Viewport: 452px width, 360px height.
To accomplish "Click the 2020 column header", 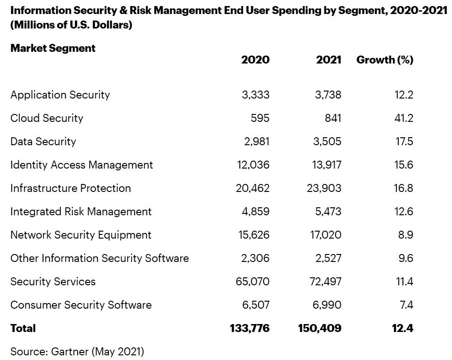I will click(x=255, y=60).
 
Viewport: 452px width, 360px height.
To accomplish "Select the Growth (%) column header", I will click(x=385, y=60).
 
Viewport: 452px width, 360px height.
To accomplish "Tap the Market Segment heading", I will click(x=53, y=48).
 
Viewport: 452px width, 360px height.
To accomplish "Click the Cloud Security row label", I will click(x=47, y=118).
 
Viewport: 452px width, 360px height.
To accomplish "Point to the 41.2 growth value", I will click(x=404, y=118).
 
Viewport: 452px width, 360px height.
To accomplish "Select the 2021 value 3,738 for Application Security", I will click(x=328, y=95).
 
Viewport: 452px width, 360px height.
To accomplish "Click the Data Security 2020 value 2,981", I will click(x=257, y=141).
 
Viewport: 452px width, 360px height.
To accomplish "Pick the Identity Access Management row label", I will click(x=82, y=165).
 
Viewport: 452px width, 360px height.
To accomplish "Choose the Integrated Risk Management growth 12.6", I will click(x=404, y=212).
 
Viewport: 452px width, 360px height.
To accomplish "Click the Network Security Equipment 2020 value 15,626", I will click(x=254, y=235).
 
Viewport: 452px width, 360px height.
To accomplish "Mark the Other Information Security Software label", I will click(x=100, y=258).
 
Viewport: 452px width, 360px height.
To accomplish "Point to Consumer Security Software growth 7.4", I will click(x=407, y=305).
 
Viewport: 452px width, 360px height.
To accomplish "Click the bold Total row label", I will click(x=23, y=328).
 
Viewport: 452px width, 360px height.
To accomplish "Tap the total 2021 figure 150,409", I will click(x=320, y=328).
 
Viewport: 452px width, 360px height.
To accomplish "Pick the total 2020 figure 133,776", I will click(x=250, y=328).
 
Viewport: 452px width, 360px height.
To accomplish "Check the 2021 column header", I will click(x=329, y=60).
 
